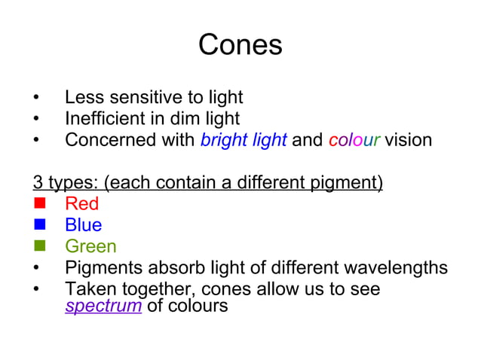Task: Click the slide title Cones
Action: (240, 45)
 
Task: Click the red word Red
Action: (81, 203)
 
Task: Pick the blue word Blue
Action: (83, 225)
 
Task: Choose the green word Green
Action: (90, 246)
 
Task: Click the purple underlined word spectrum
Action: (103, 307)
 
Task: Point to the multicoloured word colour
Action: (354, 140)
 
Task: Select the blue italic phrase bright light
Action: (244, 140)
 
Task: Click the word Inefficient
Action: (108, 119)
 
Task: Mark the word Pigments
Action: (103, 268)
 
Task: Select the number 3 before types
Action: (37, 182)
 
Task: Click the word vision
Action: (408, 140)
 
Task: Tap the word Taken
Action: (87, 289)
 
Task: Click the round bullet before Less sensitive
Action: (35, 98)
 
